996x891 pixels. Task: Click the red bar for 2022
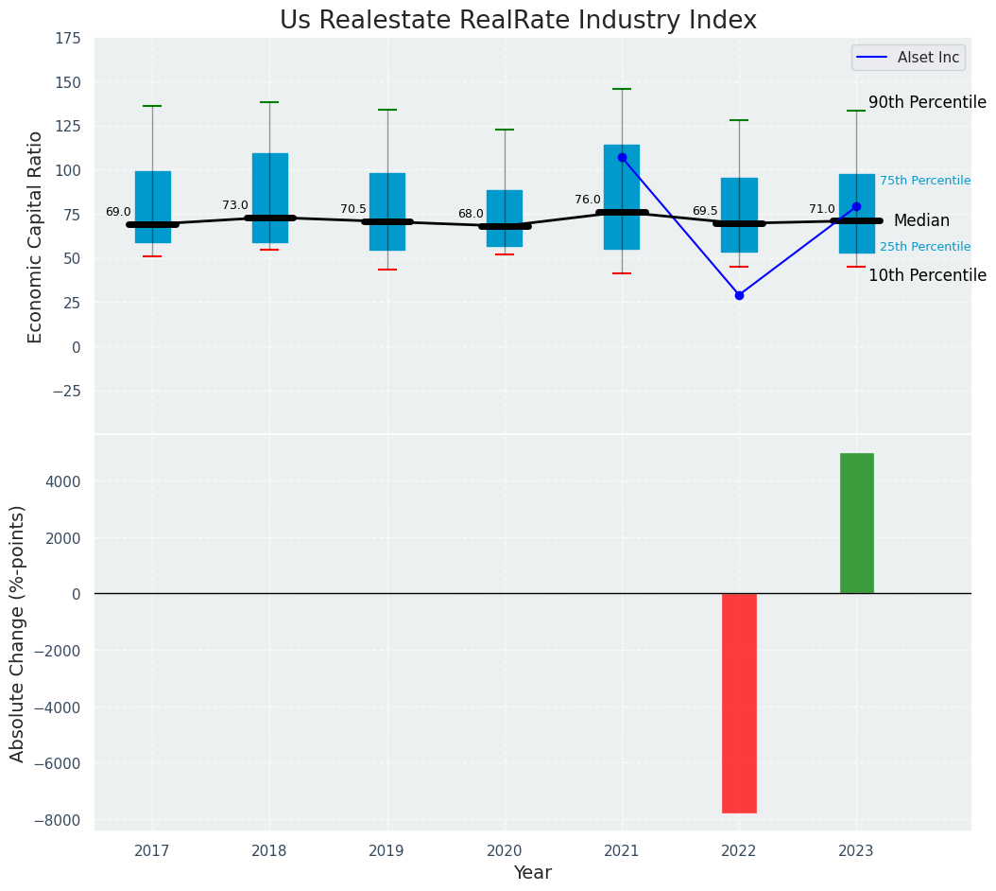(739, 703)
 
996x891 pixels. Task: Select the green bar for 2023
(856, 523)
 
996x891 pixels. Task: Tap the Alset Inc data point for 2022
(739, 295)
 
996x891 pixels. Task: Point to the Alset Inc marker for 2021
(622, 157)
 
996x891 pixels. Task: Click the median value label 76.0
(587, 200)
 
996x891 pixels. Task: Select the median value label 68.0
(470, 214)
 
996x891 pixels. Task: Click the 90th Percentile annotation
(926, 102)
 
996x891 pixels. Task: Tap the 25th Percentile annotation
(924, 247)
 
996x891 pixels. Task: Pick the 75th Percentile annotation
(924, 181)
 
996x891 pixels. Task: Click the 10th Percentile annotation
(926, 275)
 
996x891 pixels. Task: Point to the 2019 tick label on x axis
(386, 851)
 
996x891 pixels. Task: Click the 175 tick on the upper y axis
(67, 39)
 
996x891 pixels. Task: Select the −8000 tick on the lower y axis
(58, 820)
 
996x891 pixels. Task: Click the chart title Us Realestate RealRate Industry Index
(518, 21)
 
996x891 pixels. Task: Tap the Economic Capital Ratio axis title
(36, 236)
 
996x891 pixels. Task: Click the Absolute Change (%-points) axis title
(17, 633)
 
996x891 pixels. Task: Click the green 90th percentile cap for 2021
(622, 89)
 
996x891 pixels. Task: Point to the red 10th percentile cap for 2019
(386, 270)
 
